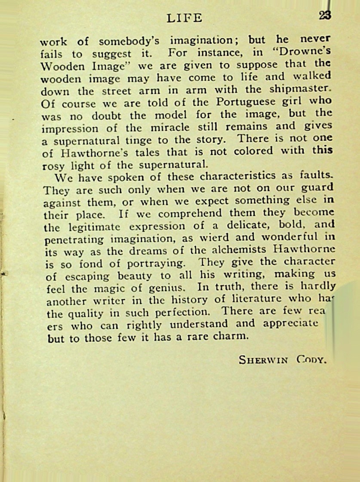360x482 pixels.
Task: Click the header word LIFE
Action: pyautogui.click(x=184, y=18)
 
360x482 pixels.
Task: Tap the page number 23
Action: pyautogui.click(x=325, y=16)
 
